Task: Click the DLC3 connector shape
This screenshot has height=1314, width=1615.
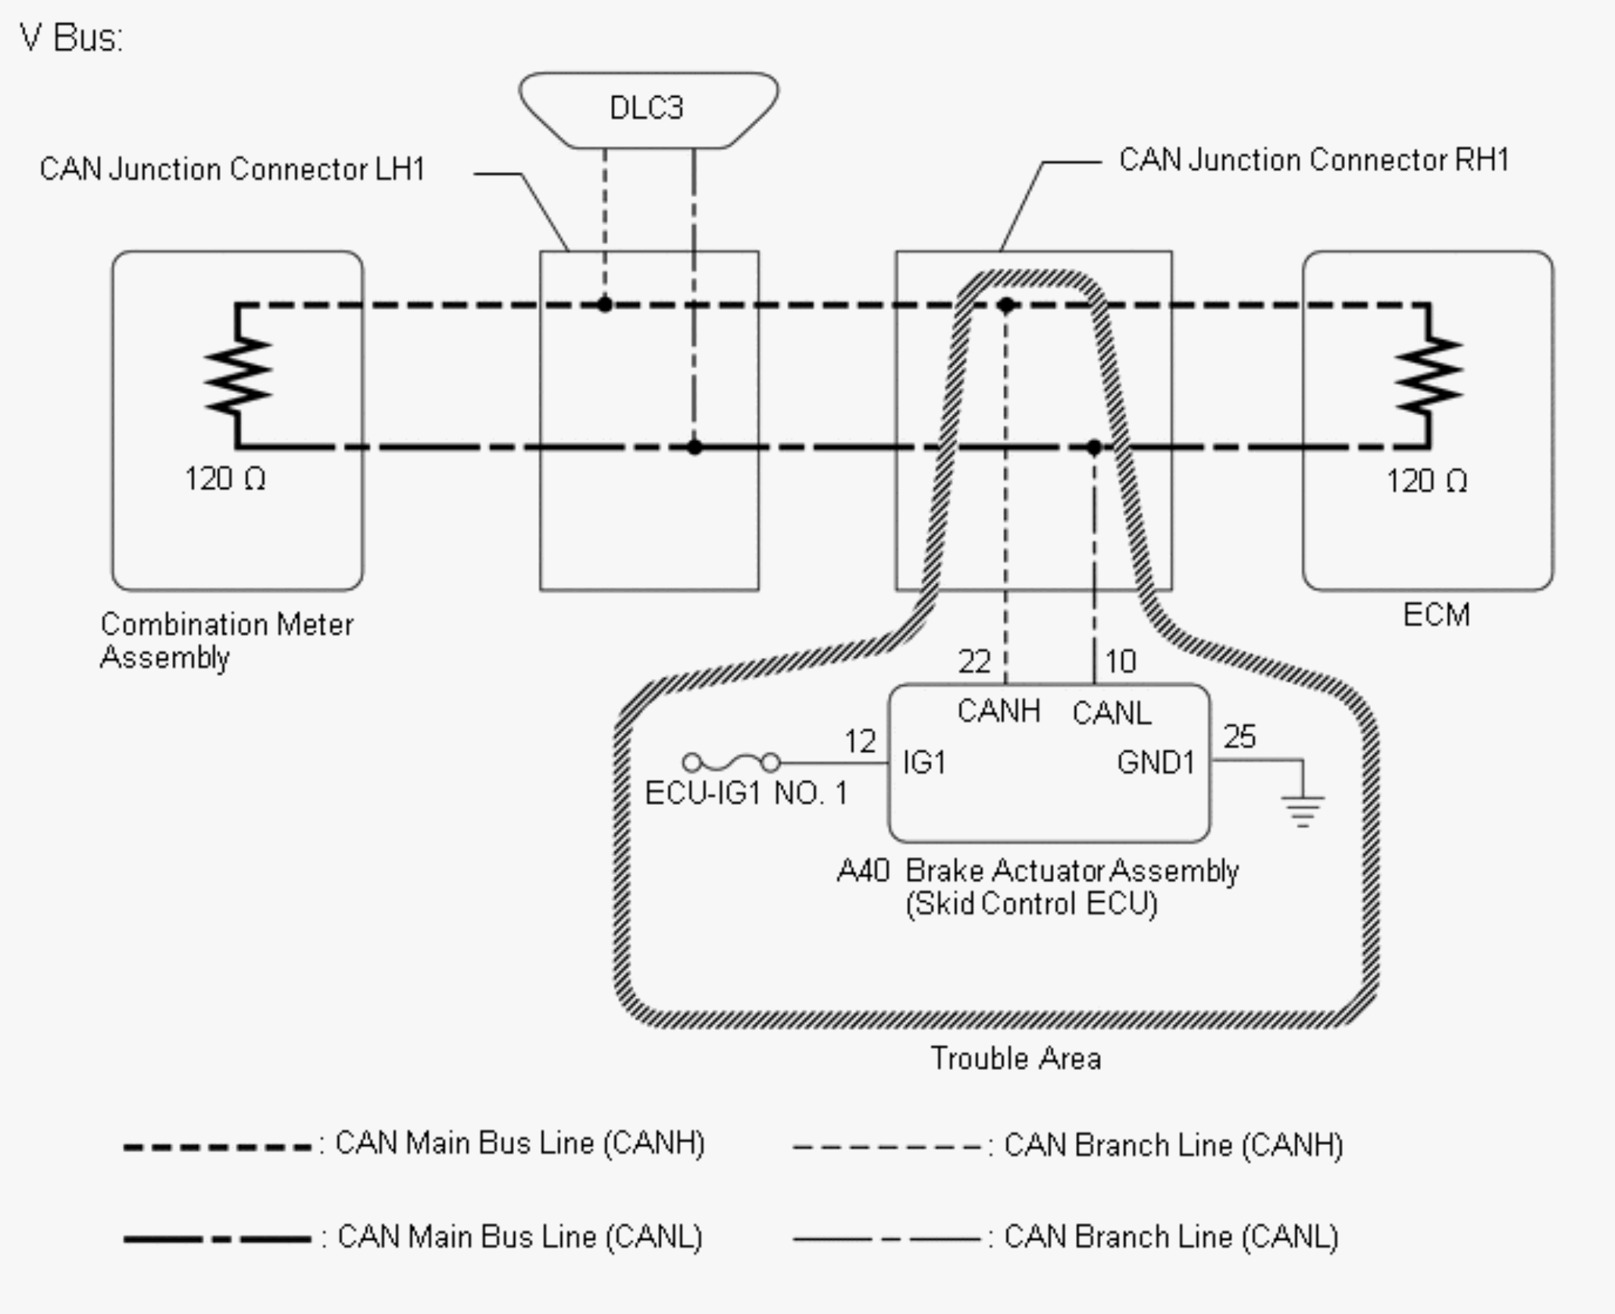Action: point(648,111)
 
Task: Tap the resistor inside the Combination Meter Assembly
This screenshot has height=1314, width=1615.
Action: point(238,375)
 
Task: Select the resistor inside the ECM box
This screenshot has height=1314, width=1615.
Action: point(1429,375)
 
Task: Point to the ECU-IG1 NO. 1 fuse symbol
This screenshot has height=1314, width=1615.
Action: point(731,762)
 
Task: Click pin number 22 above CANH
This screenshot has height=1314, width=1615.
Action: point(974,662)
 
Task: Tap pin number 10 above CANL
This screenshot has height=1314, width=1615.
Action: point(1121,662)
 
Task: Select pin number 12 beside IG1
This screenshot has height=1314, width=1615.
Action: point(861,741)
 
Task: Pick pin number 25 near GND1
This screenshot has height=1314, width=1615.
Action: point(1240,737)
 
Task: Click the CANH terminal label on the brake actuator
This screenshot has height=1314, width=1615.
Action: point(999,711)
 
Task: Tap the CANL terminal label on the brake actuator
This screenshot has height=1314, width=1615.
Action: point(1112,713)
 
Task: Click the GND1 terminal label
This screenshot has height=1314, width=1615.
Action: point(1156,762)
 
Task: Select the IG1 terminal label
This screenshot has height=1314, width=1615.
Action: point(924,762)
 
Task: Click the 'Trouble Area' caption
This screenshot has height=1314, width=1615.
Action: point(1016,1059)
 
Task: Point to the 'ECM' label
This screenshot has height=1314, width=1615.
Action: point(1436,615)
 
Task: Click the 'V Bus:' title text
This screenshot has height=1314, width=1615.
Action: point(71,37)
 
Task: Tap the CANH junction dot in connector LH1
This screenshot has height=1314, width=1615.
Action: point(604,305)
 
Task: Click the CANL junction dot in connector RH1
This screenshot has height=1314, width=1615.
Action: point(1094,448)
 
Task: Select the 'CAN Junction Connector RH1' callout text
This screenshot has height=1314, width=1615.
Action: point(1314,160)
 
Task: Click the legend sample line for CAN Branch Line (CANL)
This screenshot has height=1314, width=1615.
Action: point(887,1239)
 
